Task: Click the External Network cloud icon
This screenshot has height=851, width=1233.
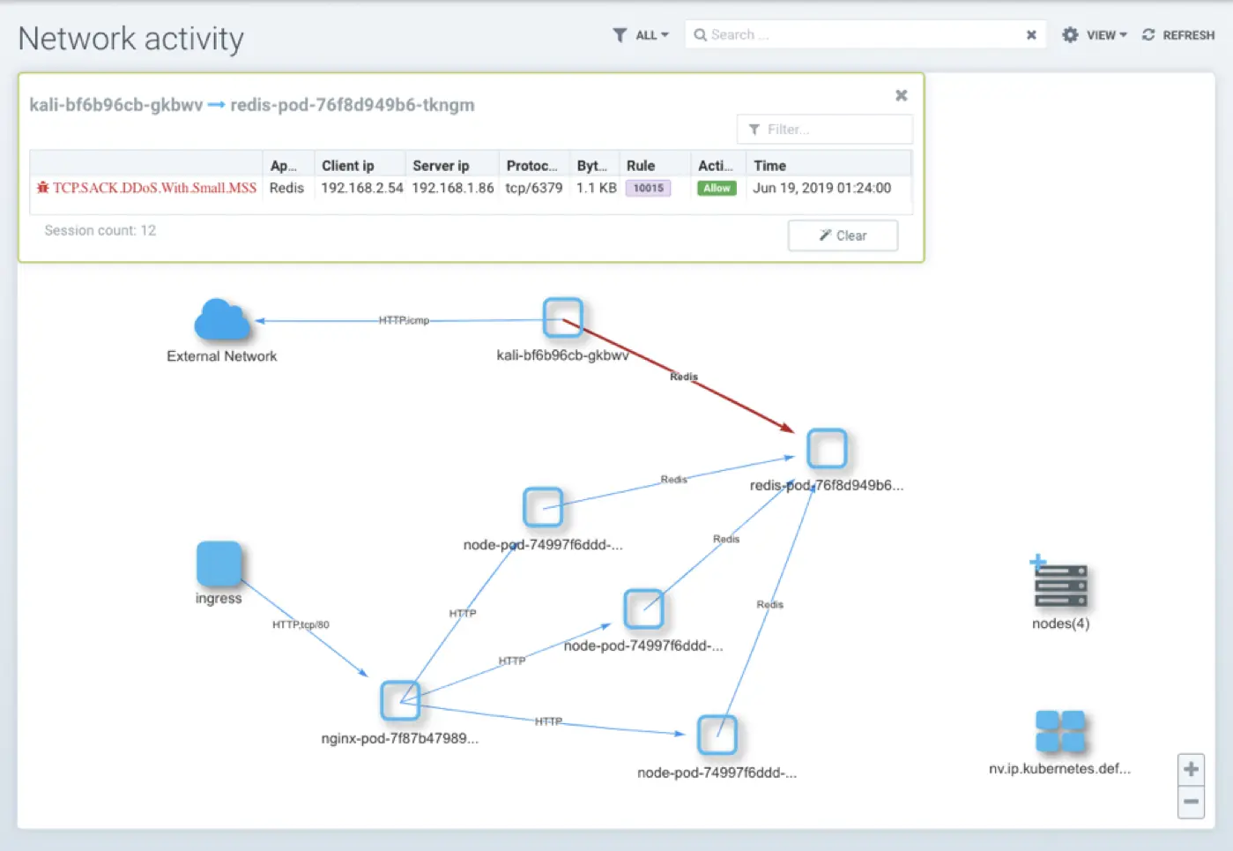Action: coord(222,320)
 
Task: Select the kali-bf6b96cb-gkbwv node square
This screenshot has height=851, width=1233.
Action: coord(562,317)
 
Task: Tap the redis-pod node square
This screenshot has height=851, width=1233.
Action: coord(827,449)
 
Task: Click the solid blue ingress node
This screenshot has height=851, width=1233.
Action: coord(219,564)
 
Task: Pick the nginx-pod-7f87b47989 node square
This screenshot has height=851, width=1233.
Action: coord(400,700)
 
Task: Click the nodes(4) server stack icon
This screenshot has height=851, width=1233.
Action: coord(1060,586)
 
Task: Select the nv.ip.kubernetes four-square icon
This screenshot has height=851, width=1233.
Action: coord(1059,731)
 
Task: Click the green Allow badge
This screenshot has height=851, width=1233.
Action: coord(717,188)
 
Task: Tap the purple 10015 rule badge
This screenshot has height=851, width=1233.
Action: coord(648,188)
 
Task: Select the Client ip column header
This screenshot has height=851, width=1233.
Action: coord(347,165)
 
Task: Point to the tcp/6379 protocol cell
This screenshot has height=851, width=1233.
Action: coord(533,188)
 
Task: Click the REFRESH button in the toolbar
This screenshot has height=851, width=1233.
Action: coord(1178,35)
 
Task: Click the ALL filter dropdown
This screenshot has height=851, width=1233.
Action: coord(641,35)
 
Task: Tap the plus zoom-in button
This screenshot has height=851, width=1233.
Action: coord(1191,769)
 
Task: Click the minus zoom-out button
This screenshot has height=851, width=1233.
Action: coord(1191,802)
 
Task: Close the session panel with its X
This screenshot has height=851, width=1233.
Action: coord(901,95)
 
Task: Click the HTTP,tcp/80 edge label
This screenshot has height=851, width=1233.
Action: coord(301,624)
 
